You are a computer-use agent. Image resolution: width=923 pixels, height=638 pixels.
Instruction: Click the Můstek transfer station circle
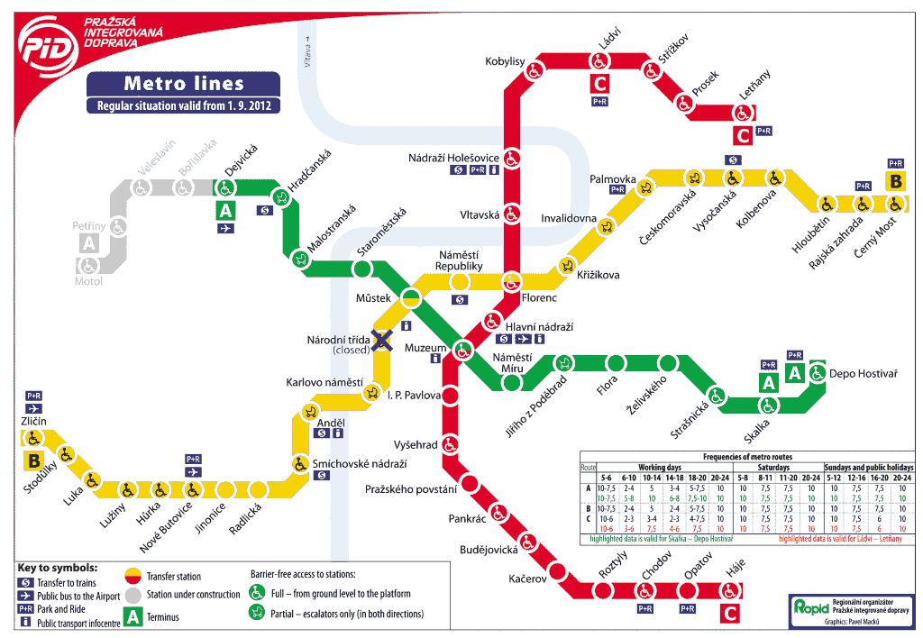click(x=412, y=297)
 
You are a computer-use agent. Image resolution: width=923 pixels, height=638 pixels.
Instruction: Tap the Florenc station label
click(x=539, y=297)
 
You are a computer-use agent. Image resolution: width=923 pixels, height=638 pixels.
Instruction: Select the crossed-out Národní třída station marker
click(x=383, y=341)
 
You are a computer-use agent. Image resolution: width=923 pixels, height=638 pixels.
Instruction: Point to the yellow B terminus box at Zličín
click(x=33, y=460)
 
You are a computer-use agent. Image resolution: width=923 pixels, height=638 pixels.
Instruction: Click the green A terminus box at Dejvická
click(x=225, y=211)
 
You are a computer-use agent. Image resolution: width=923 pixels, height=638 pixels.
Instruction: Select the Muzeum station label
click(x=425, y=347)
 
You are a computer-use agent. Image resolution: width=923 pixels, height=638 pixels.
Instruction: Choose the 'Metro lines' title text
click(x=184, y=84)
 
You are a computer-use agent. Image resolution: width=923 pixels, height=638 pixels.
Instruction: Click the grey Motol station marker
click(x=88, y=265)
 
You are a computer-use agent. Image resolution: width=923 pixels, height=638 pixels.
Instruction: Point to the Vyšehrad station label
click(x=416, y=444)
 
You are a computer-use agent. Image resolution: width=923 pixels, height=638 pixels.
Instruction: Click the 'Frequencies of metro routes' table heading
click(x=746, y=458)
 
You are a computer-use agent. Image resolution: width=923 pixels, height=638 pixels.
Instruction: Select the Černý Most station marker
click(x=895, y=204)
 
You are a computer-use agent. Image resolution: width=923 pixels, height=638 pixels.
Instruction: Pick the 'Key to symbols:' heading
click(x=57, y=569)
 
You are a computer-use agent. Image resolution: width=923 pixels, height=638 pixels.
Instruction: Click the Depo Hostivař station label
click(x=863, y=373)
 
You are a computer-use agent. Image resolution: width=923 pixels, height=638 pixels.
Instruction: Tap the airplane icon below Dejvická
click(x=225, y=229)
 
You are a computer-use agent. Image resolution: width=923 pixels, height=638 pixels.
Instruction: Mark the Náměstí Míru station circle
click(x=512, y=382)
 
